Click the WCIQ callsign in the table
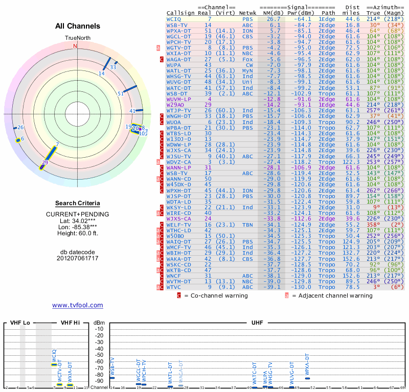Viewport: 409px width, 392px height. pos(174,19)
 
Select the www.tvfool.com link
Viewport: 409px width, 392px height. pos(77,305)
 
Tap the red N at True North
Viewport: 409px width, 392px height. pos(75,46)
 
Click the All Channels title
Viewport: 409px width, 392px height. pos(78,26)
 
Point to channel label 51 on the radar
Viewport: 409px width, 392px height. pos(121,93)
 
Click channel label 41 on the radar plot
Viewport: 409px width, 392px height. pos(132,111)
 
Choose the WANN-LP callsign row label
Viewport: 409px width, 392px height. pos(177,167)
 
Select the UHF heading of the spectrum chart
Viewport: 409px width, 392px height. pos(258,323)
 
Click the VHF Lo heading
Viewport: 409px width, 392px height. pos(20,323)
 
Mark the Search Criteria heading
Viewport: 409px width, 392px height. pos(77,203)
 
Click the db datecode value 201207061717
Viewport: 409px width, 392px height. pos(77,258)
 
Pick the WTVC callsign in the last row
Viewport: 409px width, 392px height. pos(174,287)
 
